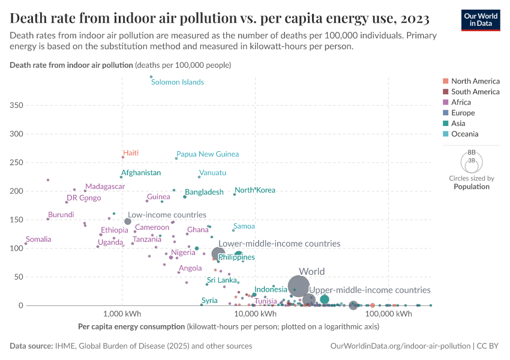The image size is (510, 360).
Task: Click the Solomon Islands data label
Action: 177,82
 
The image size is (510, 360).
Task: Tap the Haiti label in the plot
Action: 131,153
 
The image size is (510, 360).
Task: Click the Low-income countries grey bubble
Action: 128,221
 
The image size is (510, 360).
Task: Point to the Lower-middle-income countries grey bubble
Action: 218,254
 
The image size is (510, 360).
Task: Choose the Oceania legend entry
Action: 464,134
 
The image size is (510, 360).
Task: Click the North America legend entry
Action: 475,81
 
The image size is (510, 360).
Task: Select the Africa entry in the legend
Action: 461,102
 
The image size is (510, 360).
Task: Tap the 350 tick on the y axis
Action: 17,106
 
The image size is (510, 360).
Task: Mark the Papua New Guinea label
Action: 208,154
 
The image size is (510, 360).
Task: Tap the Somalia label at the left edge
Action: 38,239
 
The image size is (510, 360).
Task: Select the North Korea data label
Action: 255,190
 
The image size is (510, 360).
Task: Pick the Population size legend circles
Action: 471,161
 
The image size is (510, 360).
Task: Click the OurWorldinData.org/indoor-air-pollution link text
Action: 400,346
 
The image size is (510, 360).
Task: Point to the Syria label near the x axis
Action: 209,301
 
